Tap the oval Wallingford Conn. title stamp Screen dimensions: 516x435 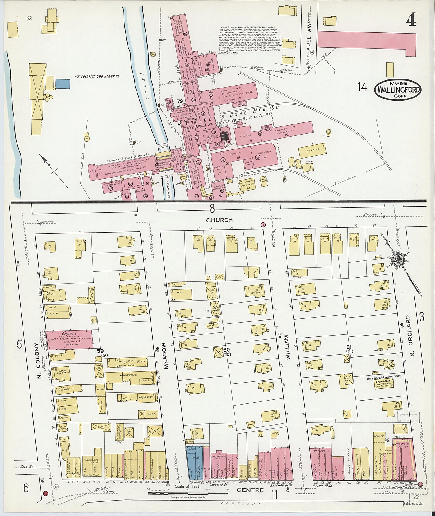(398, 90)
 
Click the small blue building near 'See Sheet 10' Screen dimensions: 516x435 (62, 83)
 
